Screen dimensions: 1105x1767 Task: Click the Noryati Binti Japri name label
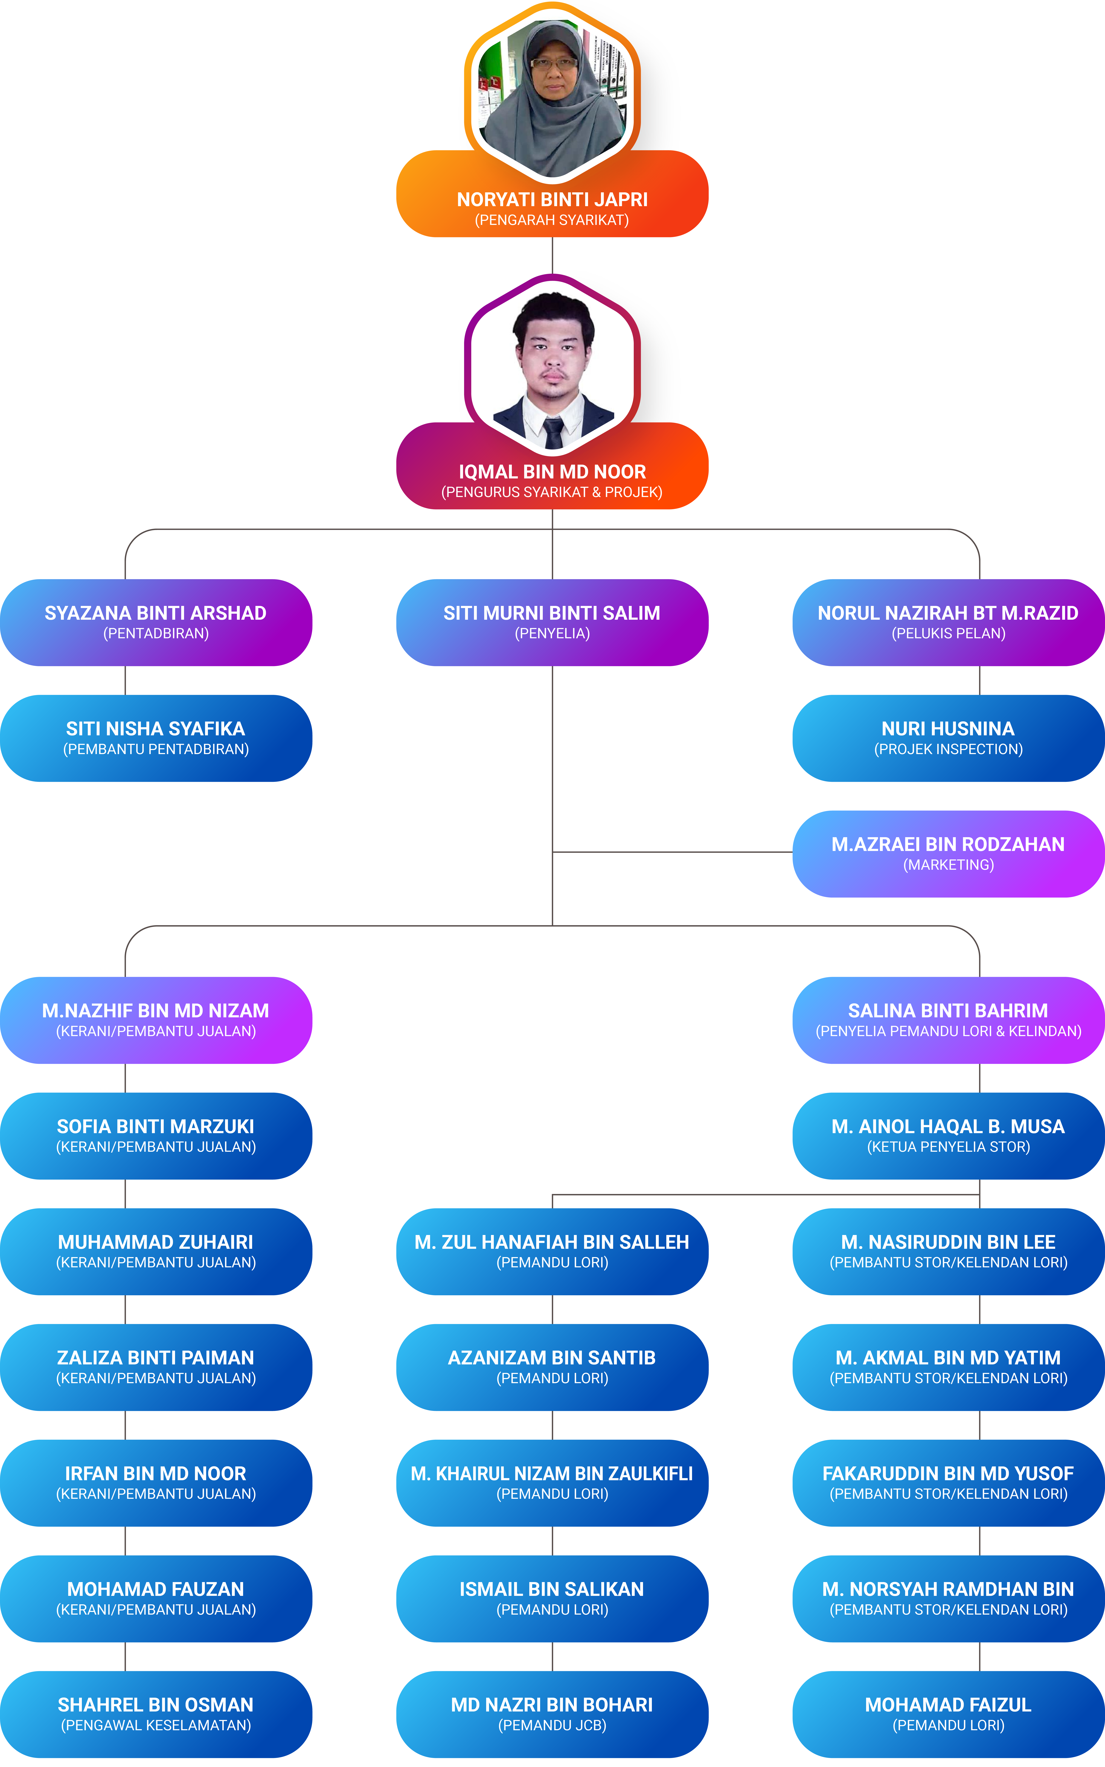pos(552,199)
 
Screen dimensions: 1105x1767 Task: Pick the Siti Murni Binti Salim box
pos(552,623)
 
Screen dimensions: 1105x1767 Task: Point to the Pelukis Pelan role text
pos(949,633)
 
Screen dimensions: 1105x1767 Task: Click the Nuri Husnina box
pos(949,738)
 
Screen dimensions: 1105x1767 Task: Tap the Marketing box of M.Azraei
pos(949,854)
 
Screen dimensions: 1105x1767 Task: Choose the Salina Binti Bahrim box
pos(949,1020)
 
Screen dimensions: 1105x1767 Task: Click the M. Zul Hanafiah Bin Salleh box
pos(552,1252)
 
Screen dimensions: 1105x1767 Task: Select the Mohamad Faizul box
pos(949,1714)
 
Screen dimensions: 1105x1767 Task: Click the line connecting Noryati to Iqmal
pos(552,256)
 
